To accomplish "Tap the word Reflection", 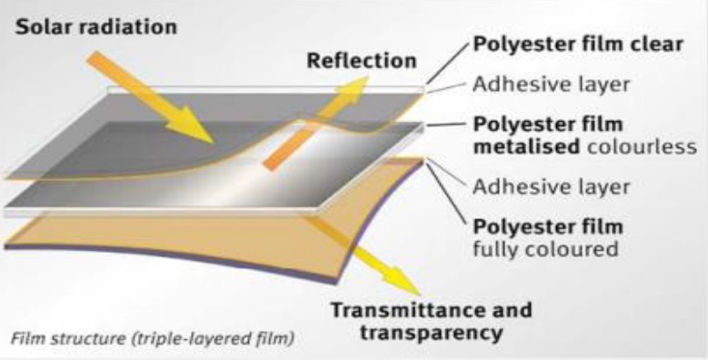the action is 361,61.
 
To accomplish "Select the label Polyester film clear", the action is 577,45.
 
